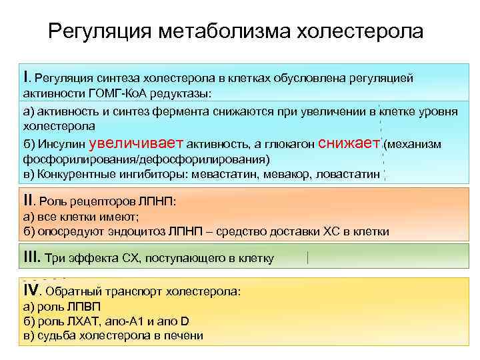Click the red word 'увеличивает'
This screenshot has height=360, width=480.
click(x=137, y=142)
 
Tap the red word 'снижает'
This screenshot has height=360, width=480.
click(x=350, y=142)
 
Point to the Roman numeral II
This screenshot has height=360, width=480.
click(x=27, y=199)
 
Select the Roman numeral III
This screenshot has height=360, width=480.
click(x=30, y=257)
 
